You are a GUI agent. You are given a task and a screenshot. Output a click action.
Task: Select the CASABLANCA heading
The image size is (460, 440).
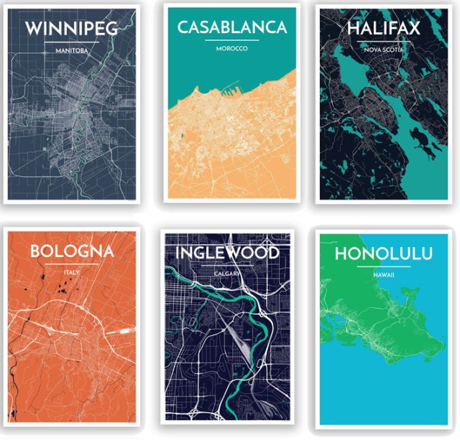coord(231,27)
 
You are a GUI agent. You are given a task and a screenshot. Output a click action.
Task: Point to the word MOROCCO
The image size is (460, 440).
coord(231,49)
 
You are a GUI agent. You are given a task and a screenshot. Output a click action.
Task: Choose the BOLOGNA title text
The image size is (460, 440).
coord(72,251)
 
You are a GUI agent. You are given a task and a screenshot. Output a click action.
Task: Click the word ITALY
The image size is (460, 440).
coord(72,273)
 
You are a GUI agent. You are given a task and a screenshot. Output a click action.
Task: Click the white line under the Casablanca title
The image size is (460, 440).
coord(231,40)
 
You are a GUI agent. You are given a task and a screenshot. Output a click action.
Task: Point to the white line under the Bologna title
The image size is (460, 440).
coord(72,265)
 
